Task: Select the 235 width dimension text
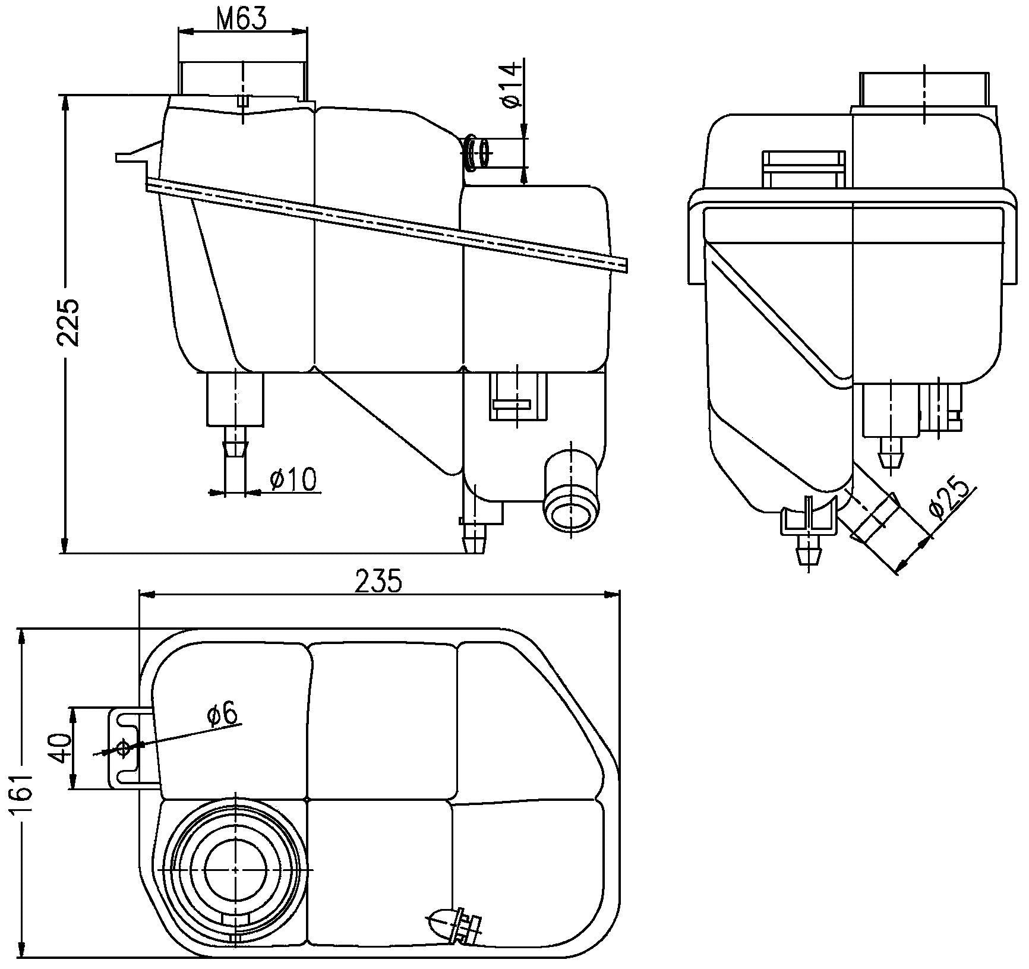[x=378, y=581]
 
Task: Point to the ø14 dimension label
[x=512, y=86]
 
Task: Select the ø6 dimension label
[x=223, y=714]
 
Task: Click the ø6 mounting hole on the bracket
[x=124, y=749]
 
